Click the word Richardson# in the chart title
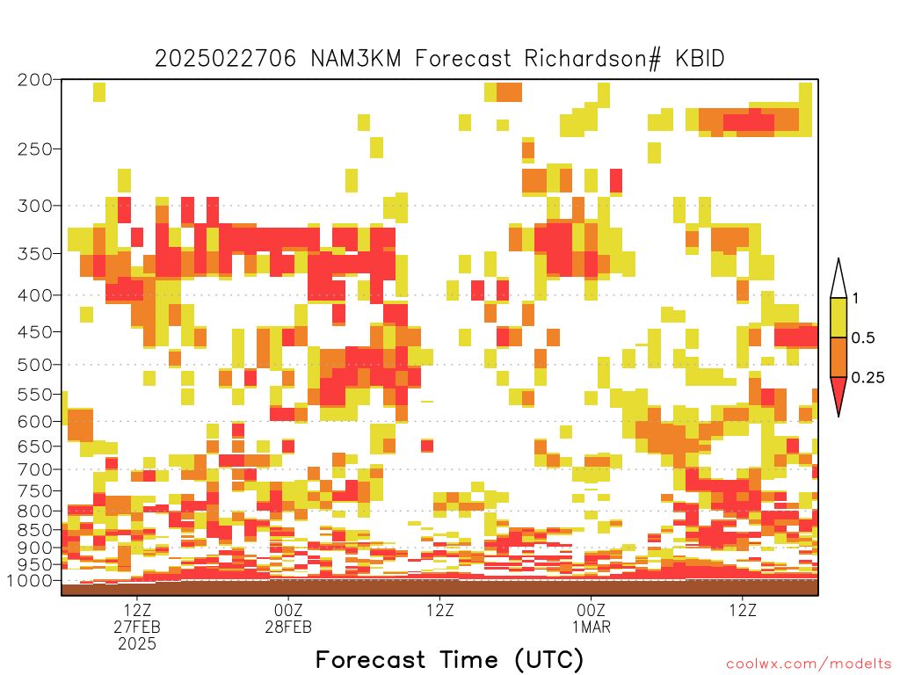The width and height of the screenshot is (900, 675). click(x=592, y=59)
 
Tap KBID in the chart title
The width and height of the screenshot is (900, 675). click(x=700, y=59)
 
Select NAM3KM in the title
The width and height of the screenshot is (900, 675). click(x=356, y=59)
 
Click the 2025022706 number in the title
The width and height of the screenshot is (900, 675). click(x=226, y=59)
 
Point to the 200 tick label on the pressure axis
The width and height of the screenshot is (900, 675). click(x=35, y=80)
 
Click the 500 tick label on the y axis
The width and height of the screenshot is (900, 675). click(x=35, y=365)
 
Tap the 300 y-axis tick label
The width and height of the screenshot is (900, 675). click(x=35, y=206)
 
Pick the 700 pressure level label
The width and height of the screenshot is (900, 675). click(x=35, y=469)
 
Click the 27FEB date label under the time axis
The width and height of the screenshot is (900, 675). click(x=137, y=627)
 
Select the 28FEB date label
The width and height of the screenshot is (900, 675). click(x=288, y=627)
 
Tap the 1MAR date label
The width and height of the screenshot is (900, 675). click(x=592, y=627)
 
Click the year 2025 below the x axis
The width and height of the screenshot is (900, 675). click(x=137, y=644)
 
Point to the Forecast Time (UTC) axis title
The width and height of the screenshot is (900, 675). click(x=449, y=659)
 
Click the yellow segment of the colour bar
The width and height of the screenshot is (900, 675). click(x=838, y=317)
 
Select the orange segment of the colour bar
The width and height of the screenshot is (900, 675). click(x=838, y=357)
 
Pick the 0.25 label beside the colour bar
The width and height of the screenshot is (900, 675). click(x=867, y=378)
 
